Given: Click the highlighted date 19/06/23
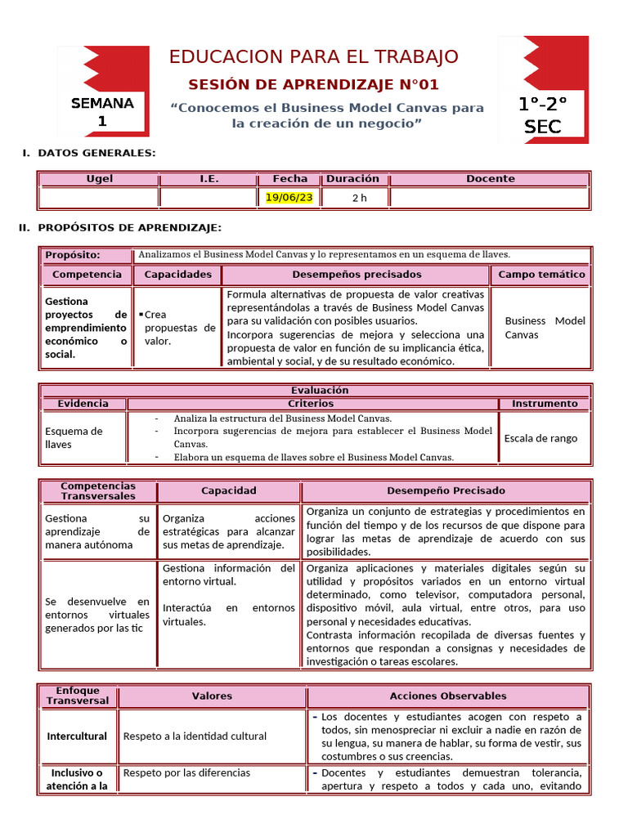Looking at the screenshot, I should pyautogui.click(x=289, y=197).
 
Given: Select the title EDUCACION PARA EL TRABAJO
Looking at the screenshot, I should pyautogui.click(x=313, y=56).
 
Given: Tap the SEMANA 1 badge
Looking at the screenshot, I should pyautogui.click(x=102, y=112).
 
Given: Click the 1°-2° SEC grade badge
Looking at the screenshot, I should pyautogui.click(x=543, y=114).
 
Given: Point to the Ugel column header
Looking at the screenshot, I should pyautogui.click(x=99, y=178).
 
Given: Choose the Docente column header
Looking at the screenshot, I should pyautogui.click(x=490, y=178).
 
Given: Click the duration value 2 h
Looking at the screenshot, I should pyautogui.click(x=360, y=198).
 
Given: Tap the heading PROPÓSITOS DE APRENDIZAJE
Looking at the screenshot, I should pyautogui.click(x=129, y=226).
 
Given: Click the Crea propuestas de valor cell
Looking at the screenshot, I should pyautogui.click(x=177, y=328).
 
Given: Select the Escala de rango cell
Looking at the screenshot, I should pyautogui.click(x=541, y=438).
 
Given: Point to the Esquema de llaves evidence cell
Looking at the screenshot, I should pyautogui.click(x=74, y=437).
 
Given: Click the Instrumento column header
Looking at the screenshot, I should pyautogui.click(x=544, y=403).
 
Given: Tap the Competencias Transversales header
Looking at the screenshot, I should pyautogui.click(x=98, y=490).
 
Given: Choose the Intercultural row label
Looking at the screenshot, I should pyautogui.click(x=77, y=736).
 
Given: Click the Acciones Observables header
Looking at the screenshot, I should pyautogui.click(x=447, y=696).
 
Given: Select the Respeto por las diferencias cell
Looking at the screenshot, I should pyautogui.click(x=186, y=772).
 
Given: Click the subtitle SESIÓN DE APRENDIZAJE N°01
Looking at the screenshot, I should pyautogui.click(x=313, y=84).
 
